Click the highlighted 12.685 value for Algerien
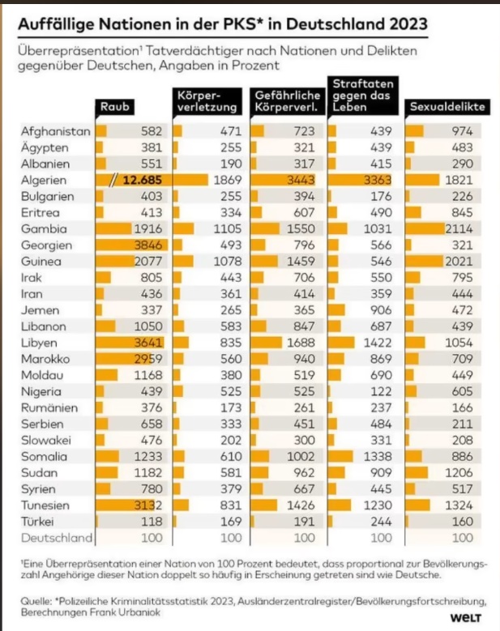tap(139, 180)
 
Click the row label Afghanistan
tap(55, 130)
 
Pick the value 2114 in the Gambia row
tap(464, 229)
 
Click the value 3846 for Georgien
tap(148, 245)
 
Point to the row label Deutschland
tap(57, 536)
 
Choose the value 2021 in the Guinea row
tap(464, 262)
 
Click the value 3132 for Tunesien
tap(148, 503)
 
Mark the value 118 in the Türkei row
tap(152, 520)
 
